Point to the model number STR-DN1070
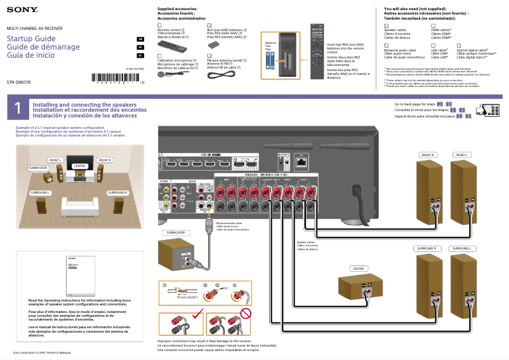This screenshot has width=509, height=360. tap(18, 83)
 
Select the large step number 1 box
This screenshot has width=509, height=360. tap(17, 109)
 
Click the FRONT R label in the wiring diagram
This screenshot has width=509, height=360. tap(427, 155)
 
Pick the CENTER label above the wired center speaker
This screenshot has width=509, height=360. tap(359, 269)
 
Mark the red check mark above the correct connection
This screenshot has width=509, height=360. tap(198, 312)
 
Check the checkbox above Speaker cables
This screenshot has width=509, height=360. tap(387, 25)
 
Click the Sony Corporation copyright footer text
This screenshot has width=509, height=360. tap(42, 352)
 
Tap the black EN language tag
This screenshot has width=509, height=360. tap(140, 39)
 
